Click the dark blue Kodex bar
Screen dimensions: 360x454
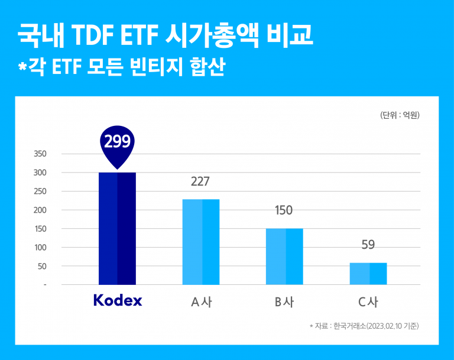click(117, 228)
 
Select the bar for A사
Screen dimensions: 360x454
click(200, 242)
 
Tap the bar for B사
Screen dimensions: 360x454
click(284, 256)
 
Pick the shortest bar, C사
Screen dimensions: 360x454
click(368, 273)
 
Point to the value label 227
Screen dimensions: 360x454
click(200, 181)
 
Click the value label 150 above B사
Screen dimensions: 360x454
click(284, 210)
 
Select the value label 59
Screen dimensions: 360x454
click(368, 245)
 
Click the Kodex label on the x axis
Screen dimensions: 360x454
click(118, 301)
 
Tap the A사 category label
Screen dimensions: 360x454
click(200, 302)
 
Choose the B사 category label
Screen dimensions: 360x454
click(284, 302)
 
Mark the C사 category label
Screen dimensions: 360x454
click(368, 302)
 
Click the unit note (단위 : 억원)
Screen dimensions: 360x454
click(400, 116)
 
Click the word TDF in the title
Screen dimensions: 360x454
click(95, 37)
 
